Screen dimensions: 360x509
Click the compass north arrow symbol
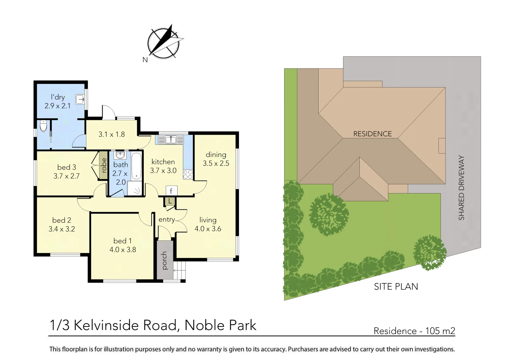[x=164, y=43]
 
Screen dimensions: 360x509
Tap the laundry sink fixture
[x=80, y=99]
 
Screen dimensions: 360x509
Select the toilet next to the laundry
[x=44, y=126]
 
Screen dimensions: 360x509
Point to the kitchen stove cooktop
[x=188, y=175]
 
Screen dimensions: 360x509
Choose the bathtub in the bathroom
[x=136, y=165]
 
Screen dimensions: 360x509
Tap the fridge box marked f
[x=171, y=191]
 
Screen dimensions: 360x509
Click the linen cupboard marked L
[x=170, y=201]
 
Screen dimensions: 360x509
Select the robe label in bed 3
[x=104, y=165]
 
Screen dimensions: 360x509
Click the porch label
[x=164, y=260]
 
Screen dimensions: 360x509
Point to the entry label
[x=167, y=220]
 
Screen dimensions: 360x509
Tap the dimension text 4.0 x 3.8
[x=123, y=250]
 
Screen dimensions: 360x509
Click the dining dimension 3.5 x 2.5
[x=216, y=163]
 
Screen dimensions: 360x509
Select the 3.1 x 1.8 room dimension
[x=111, y=134]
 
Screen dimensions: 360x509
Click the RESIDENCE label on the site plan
[x=372, y=134]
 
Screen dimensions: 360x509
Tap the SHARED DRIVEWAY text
[x=461, y=188]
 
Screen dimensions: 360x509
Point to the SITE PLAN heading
[x=396, y=287]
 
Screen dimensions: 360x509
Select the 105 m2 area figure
[x=440, y=331]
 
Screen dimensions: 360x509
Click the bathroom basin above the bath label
[x=120, y=155]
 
